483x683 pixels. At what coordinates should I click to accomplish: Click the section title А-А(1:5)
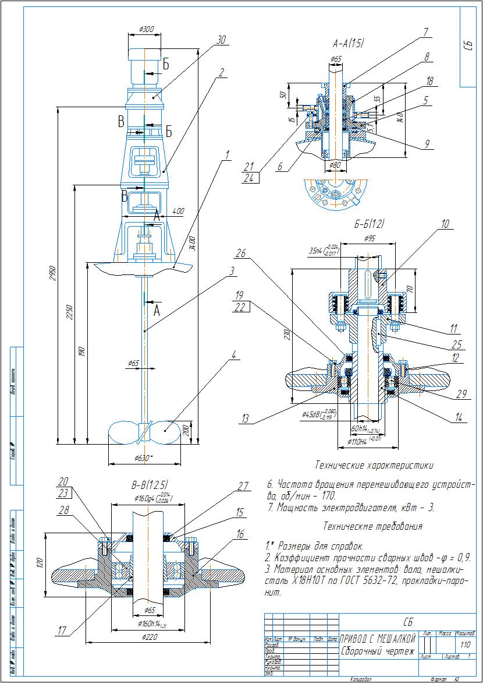tap(348, 44)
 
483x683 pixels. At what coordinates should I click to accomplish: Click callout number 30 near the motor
tap(221, 40)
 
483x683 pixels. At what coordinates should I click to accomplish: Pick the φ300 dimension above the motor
tap(147, 29)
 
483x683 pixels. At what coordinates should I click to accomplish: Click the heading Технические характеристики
tap(374, 465)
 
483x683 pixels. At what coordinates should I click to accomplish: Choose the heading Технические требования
tap(372, 526)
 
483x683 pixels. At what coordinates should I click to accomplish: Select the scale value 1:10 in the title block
tap(465, 645)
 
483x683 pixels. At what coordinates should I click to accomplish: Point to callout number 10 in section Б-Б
tap(445, 223)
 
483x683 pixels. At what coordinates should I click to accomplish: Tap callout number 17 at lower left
tap(62, 630)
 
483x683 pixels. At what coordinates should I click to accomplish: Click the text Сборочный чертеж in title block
tap(377, 652)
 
